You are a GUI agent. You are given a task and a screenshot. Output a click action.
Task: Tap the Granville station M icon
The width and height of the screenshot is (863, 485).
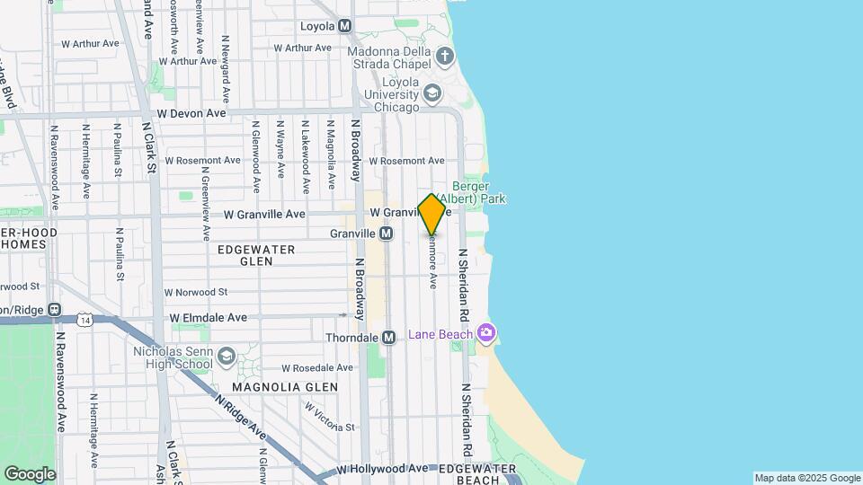[x=387, y=234]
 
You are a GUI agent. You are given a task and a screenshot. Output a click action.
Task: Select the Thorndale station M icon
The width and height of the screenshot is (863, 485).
[x=389, y=338]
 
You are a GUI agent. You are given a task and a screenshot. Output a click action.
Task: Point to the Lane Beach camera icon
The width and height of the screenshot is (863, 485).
[x=486, y=334]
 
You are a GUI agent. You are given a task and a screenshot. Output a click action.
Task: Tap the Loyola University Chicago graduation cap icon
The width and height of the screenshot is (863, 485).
[x=433, y=93]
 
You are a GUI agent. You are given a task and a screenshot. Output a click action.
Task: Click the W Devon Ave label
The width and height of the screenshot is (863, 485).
[x=191, y=114]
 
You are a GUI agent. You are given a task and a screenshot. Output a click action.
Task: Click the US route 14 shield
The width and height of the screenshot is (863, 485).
[x=85, y=320]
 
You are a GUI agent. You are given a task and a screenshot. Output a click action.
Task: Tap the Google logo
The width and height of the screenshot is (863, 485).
[x=29, y=473]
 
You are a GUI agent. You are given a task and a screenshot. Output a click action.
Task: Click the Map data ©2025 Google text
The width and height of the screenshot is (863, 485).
[x=806, y=478]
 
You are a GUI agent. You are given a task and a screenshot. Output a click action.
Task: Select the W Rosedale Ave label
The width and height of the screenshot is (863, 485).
[x=317, y=368]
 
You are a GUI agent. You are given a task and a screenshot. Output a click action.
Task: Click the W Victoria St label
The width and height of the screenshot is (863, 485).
[x=329, y=417]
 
